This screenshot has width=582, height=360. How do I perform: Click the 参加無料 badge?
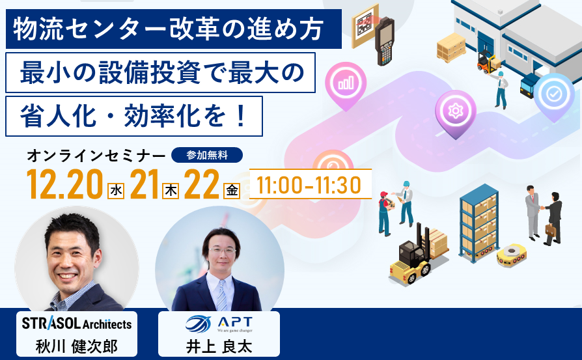pos(207,155)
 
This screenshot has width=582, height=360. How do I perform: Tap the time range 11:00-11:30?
pos(309,185)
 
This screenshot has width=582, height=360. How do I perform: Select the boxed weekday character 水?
pos(116,191)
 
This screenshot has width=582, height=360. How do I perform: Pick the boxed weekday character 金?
pos(232,191)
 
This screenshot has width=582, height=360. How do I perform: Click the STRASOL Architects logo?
pos(77,324)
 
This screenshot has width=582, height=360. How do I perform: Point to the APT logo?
pos(219,324)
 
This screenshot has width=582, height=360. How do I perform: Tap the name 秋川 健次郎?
pos(77,346)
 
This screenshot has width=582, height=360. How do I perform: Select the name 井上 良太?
pos(219,346)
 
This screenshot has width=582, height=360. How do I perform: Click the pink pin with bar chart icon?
pos(346,84)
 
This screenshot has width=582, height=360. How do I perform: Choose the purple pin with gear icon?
pos(456,113)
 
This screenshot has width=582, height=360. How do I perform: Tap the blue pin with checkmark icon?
pos(554,96)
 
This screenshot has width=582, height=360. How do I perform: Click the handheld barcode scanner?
pos(384,41)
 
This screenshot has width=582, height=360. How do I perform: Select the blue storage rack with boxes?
pos(478,223)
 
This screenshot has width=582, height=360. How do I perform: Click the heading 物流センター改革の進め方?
pos(168,29)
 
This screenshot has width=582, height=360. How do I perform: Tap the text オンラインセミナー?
pos(96,156)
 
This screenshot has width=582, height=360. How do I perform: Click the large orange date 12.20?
pos(64,184)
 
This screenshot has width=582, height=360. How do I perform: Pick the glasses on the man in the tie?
pos(222,250)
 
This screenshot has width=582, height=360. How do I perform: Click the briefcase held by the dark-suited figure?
pos(551,230)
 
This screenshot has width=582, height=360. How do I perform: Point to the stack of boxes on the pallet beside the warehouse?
pos(451,46)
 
